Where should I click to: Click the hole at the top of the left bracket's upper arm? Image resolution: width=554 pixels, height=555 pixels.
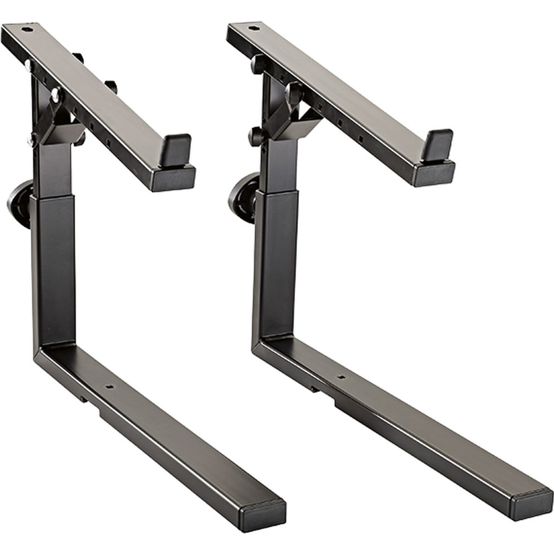point(25,28)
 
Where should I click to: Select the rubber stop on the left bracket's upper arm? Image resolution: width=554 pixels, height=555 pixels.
point(175,151)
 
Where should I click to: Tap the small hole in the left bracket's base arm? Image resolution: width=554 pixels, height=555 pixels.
point(110,388)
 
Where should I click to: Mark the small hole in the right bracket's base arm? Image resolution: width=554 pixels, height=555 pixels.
point(341,376)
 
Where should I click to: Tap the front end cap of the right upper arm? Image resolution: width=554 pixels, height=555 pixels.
point(434,174)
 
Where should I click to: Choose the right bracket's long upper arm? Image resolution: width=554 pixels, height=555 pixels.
point(347,98)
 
